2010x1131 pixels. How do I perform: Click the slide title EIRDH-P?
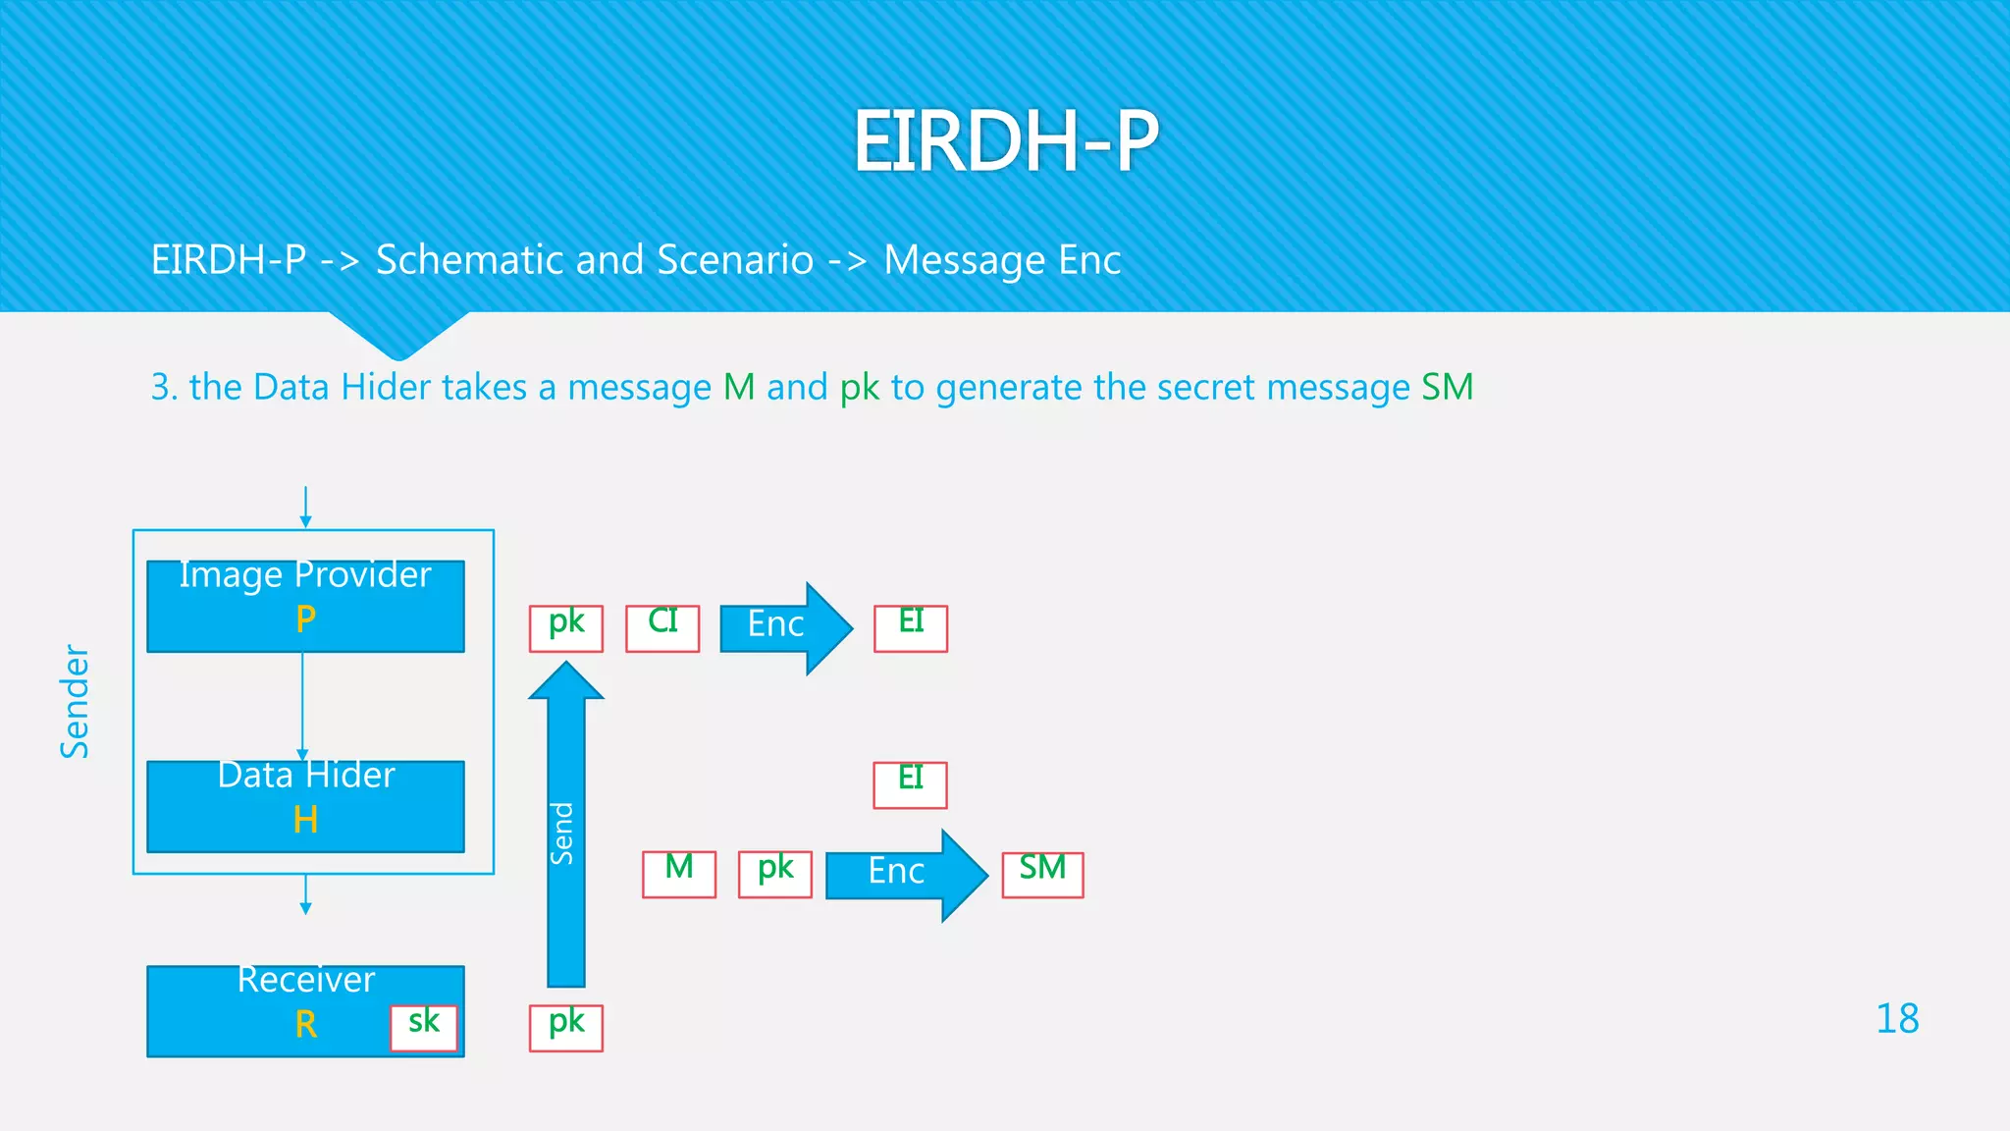point(1005,141)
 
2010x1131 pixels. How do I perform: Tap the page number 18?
point(1896,1019)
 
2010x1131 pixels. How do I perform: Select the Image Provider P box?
point(305,606)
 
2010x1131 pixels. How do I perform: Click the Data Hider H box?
point(305,806)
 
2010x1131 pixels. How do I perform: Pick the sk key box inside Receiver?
point(424,1027)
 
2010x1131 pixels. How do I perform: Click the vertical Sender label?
point(76,701)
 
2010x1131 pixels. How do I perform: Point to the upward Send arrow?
point(565,825)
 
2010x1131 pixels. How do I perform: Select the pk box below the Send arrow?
point(566,1027)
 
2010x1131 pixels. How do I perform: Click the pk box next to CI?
point(566,627)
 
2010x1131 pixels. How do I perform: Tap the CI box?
point(662,627)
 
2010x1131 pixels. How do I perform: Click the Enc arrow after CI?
point(785,627)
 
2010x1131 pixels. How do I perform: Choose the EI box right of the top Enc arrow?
point(911,627)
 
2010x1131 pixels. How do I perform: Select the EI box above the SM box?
point(910,784)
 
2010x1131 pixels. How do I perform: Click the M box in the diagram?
point(679,874)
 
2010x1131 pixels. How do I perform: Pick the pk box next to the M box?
point(775,874)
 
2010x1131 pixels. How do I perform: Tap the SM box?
point(1042,874)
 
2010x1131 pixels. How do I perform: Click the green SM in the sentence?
point(1448,387)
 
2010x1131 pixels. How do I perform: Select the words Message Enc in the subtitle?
point(1002,260)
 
